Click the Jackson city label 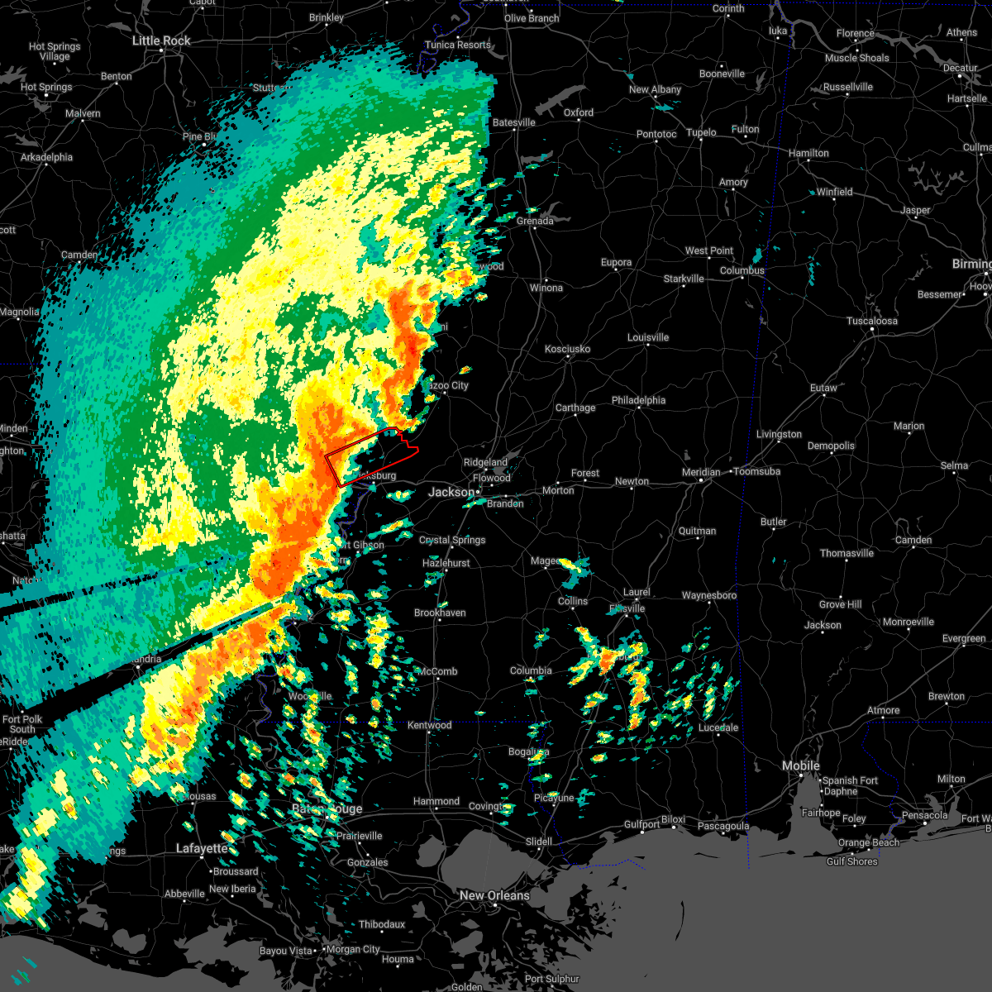click(x=451, y=492)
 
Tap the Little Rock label click(x=161, y=41)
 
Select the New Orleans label click(x=494, y=895)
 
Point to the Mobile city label click(x=801, y=765)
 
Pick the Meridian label click(x=700, y=472)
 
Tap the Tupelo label click(x=701, y=132)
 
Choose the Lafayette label click(x=202, y=848)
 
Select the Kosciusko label click(x=567, y=349)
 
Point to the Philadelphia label click(x=638, y=400)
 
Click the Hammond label click(x=436, y=801)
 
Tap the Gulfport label click(x=641, y=824)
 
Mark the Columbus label click(x=742, y=270)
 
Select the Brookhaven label click(x=440, y=613)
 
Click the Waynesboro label click(x=708, y=595)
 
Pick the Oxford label click(x=579, y=112)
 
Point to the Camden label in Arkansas click(x=79, y=255)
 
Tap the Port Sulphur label click(x=552, y=979)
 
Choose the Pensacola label click(x=924, y=815)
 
